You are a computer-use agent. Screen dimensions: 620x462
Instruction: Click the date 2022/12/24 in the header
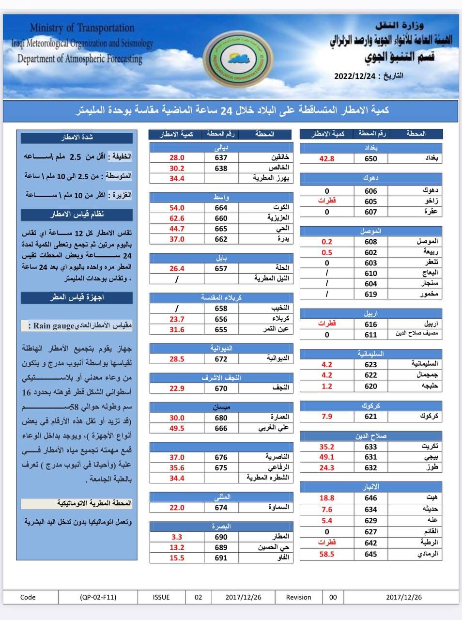click(355, 76)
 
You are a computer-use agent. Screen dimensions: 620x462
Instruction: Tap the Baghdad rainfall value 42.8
click(327, 158)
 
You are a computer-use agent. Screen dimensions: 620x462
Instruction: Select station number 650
click(371, 158)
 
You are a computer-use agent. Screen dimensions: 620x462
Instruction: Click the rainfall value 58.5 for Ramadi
click(327, 554)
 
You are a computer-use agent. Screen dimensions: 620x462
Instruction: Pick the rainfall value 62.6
click(177, 218)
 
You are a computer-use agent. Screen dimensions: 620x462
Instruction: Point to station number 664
click(221, 208)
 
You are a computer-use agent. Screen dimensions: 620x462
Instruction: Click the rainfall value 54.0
click(177, 208)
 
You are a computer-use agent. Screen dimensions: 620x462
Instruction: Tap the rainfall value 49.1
click(327, 457)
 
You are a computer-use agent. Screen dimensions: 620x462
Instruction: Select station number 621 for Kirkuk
click(371, 416)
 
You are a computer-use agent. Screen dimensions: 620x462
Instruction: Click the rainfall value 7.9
click(327, 416)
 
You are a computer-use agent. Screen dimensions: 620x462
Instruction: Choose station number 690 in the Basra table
click(221, 537)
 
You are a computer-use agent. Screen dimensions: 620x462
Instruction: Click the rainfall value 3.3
click(177, 537)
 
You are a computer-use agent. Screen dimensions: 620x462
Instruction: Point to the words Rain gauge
click(54, 325)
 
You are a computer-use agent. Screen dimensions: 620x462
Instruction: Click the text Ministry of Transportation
click(82, 28)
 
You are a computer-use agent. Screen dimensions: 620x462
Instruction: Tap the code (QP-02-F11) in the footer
click(98, 597)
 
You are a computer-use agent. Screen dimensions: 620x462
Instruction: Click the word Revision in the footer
click(298, 597)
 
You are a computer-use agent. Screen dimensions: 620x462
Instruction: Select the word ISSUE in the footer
click(161, 597)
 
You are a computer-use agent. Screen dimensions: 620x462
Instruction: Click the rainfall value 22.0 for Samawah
click(177, 508)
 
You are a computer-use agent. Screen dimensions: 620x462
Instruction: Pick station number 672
click(221, 359)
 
